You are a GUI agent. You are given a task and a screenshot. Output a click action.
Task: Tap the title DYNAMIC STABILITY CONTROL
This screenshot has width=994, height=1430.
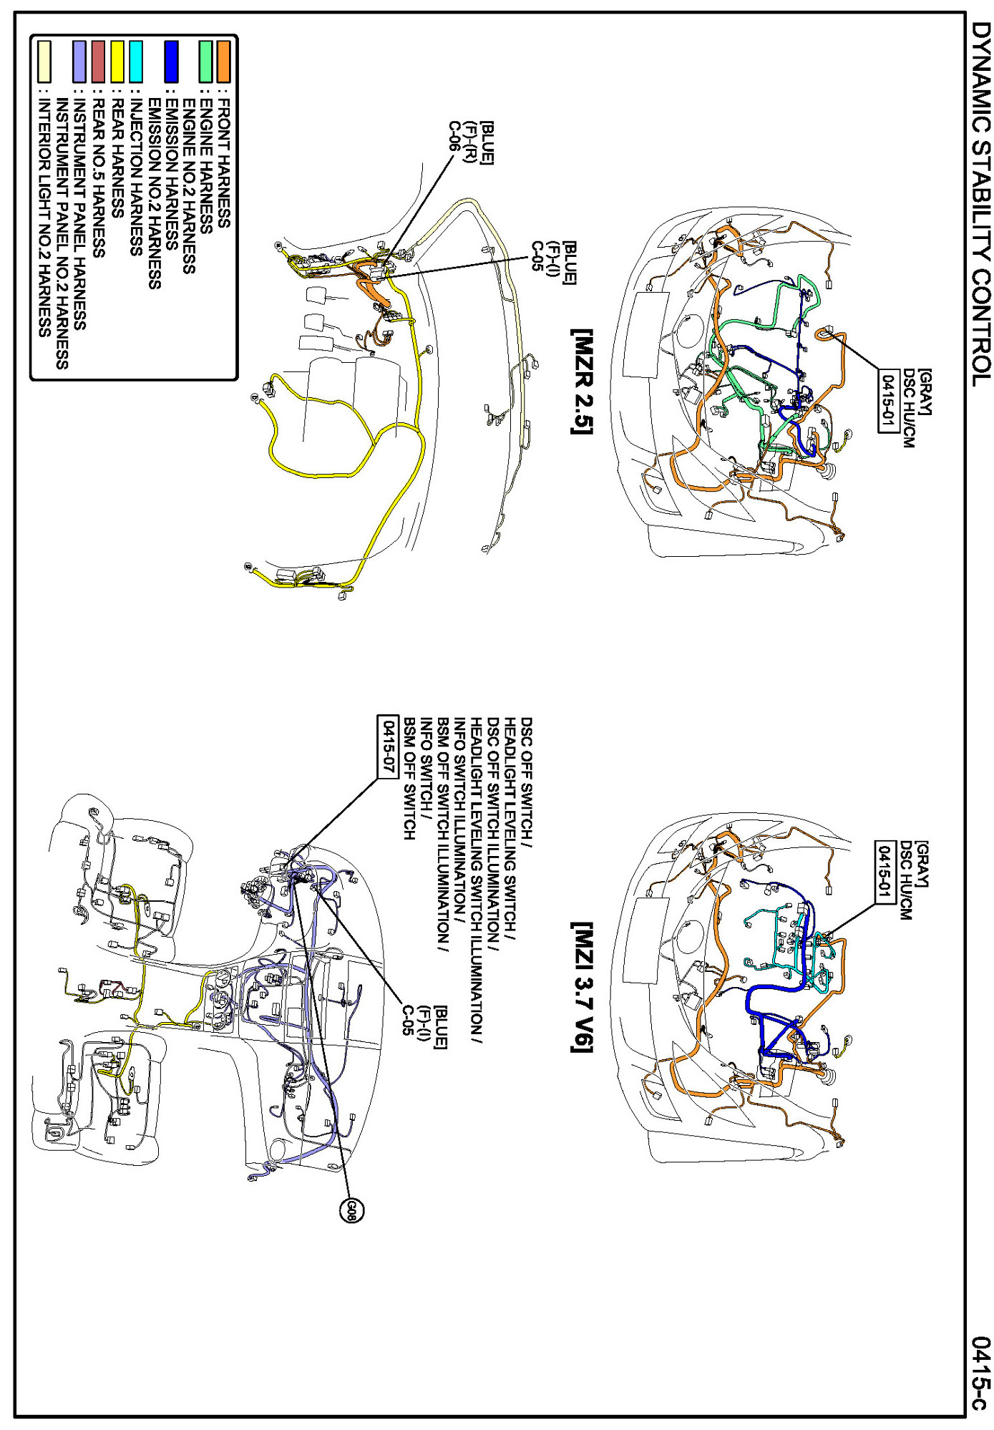point(982,203)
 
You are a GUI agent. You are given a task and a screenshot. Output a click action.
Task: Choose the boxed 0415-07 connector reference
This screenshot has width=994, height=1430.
point(387,744)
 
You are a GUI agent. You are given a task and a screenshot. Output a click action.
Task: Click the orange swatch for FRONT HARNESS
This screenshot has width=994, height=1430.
point(224,61)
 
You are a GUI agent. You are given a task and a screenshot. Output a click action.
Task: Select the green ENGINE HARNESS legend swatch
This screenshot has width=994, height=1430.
point(206,61)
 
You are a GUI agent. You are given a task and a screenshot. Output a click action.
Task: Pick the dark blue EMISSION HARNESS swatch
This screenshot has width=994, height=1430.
point(171,61)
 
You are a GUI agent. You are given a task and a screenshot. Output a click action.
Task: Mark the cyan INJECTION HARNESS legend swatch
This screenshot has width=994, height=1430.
point(135,61)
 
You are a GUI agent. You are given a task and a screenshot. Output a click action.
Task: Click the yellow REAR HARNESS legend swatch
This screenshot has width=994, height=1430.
point(117,61)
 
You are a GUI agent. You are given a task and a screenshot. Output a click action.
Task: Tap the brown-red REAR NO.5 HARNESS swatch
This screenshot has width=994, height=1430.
point(99,61)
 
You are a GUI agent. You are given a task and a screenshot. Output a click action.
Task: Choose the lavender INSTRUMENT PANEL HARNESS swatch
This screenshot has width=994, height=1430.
point(80,61)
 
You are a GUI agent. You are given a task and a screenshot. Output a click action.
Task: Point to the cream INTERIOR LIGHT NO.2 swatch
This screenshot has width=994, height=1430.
point(44,61)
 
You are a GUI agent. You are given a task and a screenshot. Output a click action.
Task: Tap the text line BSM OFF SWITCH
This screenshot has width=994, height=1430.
point(409,779)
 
